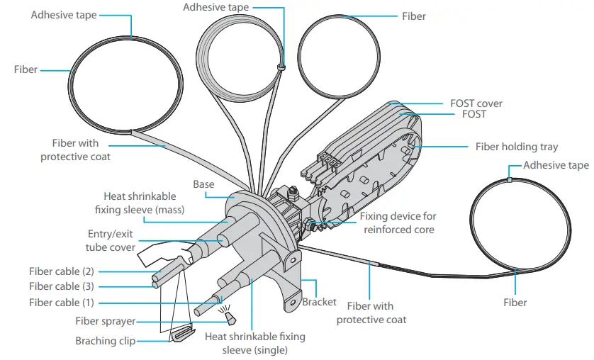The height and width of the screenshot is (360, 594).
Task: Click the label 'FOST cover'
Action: pyautogui.click(x=476, y=103)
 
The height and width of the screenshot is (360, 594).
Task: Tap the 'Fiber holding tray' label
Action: pyautogui.click(x=516, y=147)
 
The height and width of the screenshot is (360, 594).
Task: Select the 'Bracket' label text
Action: pyautogui.click(x=319, y=302)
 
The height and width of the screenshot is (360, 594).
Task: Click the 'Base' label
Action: pyautogui.click(x=203, y=184)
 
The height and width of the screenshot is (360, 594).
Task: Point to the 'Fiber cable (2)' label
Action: pyautogui.click(x=62, y=271)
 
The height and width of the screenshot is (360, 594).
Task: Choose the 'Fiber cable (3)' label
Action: pyautogui.click(x=62, y=287)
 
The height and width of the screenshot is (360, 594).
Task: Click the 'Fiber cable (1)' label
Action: pyautogui.click(x=62, y=303)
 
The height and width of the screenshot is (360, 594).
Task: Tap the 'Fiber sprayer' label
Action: pyautogui.click(x=106, y=322)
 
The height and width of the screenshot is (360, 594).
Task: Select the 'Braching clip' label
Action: pyautogui.click(x=106, y=341)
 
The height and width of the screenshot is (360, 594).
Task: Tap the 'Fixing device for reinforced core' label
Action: pyautogui.click(x=398, y=223)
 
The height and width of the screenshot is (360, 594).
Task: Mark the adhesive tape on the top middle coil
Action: pyautogui.click(x=281, y=68)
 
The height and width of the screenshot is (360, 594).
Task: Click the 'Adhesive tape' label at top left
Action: pyautogui.click(x=64, y=15)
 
